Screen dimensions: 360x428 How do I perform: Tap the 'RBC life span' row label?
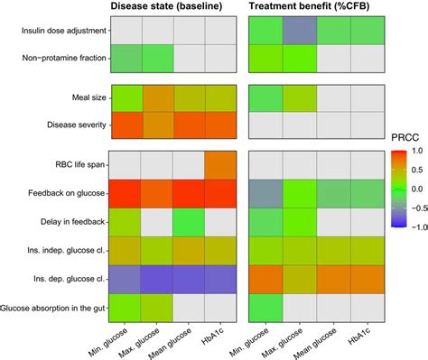75,165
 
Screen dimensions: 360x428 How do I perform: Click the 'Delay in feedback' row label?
70,221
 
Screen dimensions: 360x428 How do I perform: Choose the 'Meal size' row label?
81,96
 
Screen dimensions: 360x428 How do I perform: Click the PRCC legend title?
403,137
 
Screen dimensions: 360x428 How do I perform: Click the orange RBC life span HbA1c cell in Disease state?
221,165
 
